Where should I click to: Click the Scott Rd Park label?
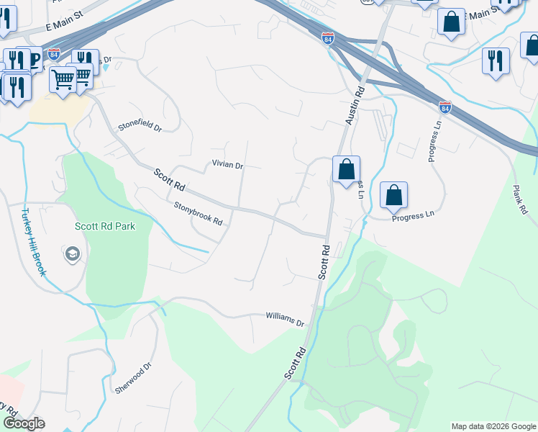(104, 226)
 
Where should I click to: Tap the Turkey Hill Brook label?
(34, 242)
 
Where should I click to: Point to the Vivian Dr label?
(227, 165)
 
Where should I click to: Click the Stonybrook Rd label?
(198, 212)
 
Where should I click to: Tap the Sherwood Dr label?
(134, 378)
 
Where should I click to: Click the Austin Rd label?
(355, 102)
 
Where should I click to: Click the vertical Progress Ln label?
(434, 141)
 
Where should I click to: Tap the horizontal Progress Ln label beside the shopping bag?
(414, 215)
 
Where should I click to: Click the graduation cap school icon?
(72, 254)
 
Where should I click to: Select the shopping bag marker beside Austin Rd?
(346, 171)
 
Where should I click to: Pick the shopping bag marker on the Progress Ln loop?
(393, 195)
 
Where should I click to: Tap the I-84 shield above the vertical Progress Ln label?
(444, 107)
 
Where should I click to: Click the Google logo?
(24, 423)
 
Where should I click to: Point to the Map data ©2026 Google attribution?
(493, 426)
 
